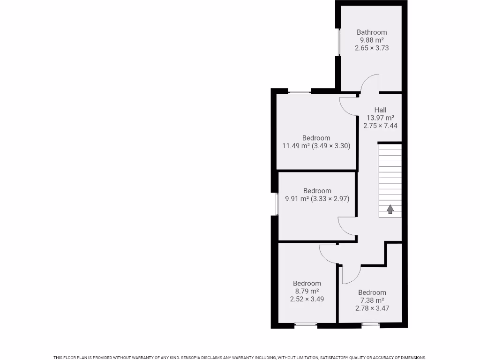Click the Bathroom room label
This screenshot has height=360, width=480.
tap(372, 32)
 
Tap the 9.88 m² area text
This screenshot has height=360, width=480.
tap(372, 40)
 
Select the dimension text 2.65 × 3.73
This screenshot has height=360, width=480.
tap(372, 48)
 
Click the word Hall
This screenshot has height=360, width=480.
tap(380, 110)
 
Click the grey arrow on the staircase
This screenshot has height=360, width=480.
tap(390, 209)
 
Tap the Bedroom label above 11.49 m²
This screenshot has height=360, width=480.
tap(316, 138)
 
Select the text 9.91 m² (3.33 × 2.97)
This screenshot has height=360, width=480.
tap(317, 199)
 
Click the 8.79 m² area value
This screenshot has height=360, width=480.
tap(307, 291)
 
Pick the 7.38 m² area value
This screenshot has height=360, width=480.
tap(372, 300)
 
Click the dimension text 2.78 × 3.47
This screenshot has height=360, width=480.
tap(372, 308)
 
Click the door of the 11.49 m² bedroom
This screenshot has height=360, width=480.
tap(347, 107)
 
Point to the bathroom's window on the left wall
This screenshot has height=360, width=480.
tap(338, 43)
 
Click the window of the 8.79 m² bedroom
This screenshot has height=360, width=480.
tap(306, 324)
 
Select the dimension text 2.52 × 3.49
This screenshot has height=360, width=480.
tap(307, 299)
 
